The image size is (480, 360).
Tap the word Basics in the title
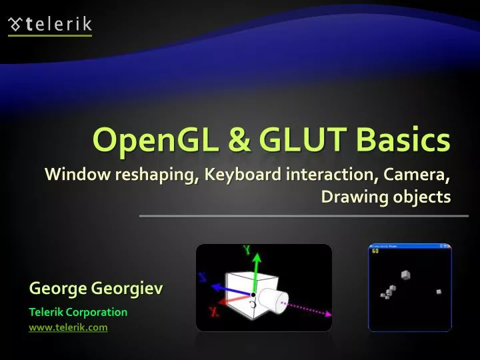tap(403, 139)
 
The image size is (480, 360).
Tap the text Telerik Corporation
tap(78, 311)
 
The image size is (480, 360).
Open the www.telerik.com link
tap(68, 327)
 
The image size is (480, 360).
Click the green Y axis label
tap(247, 251)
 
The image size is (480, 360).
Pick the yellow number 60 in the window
tap(375, 251)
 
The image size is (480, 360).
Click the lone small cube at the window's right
tap(439, 291)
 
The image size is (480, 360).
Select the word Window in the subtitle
tap(73, 175)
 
